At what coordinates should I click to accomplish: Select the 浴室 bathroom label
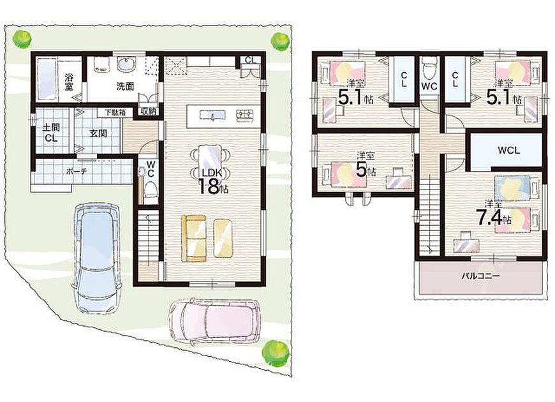tap(69, 82)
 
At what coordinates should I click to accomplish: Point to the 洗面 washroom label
tap(125, 86)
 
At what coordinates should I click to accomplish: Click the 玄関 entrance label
tap(98, 133)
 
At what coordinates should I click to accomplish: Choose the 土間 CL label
tap(51, 133)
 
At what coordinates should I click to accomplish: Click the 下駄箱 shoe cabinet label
tap(115, 113)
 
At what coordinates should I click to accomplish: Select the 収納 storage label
tap(148, 111)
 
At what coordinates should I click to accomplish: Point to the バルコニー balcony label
tap(480, 276)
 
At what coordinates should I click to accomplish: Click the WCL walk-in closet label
tap(508, 150)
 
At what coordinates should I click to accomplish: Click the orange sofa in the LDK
tap(194, 239)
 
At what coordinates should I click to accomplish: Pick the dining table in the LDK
tap(211, 164)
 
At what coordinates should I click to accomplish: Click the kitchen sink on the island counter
tap(212, 115)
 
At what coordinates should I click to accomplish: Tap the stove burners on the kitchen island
tap(245, 114)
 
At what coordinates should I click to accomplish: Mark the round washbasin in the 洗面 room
tap(126, 65)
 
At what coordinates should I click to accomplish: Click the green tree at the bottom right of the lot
tap(276, 353)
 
